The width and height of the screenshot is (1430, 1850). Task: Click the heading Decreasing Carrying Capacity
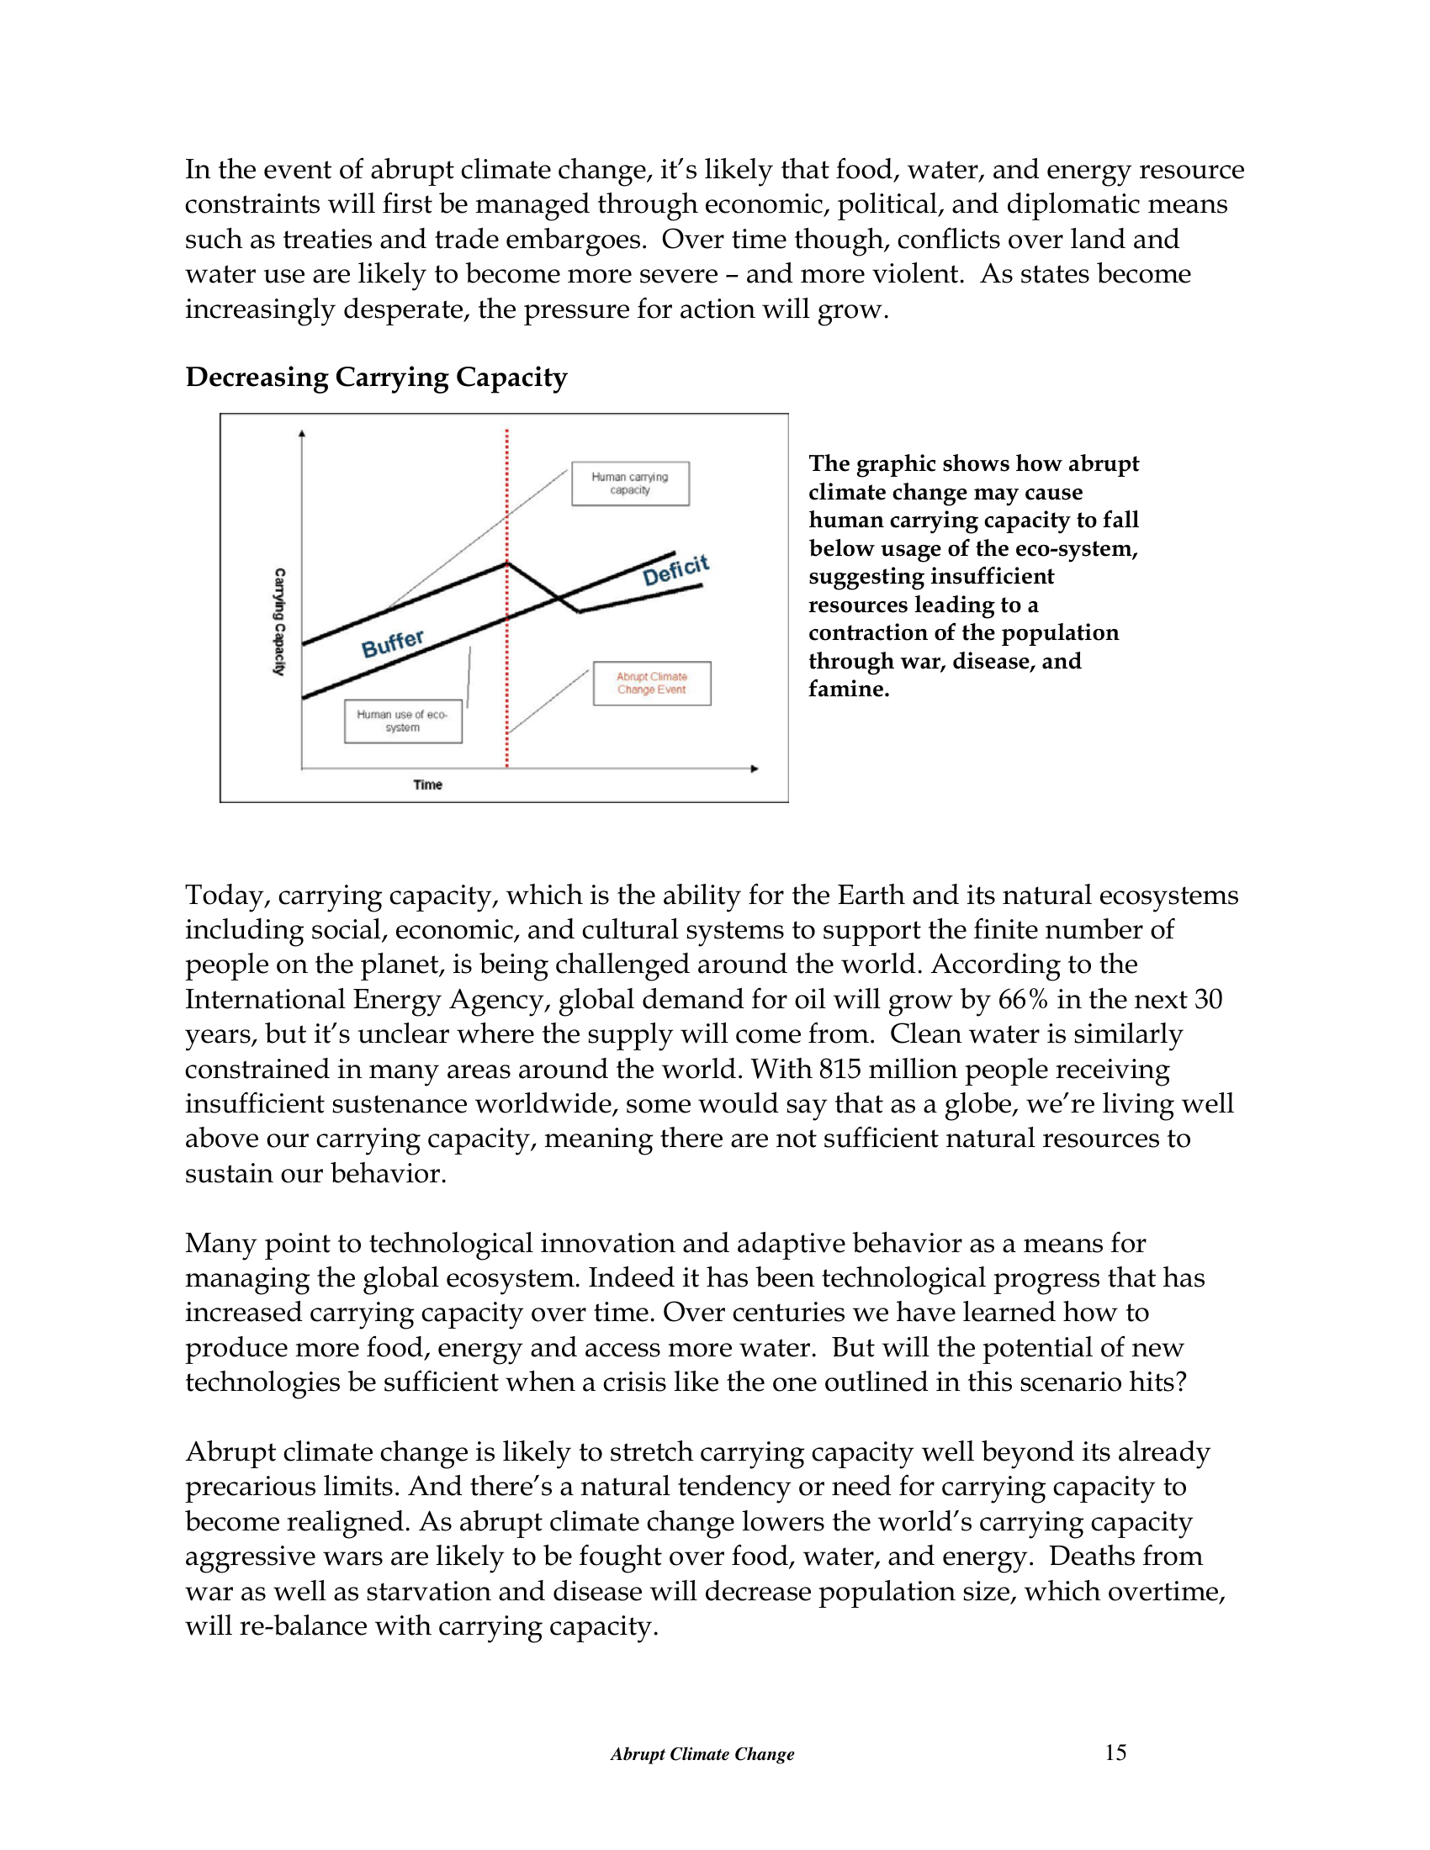tap(376, 377)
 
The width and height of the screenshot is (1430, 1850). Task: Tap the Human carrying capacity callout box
tap(629, 484)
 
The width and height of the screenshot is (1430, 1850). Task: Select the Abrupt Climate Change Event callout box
tap(651, 683)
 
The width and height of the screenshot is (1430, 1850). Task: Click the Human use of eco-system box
tap(402, 721)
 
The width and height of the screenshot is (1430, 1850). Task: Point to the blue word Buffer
tap(392, 644)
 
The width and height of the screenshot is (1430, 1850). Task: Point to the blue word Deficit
tap(675, 571)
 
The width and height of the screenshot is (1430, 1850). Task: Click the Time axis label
tap(428, 785)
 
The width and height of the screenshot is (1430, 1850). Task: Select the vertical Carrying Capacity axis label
tap(278, 621)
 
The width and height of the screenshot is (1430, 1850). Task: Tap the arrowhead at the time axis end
tap(755, 769)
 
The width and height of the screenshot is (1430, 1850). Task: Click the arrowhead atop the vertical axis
tap(302, 435)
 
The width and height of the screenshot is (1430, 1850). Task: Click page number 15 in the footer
tap(1115, 1752)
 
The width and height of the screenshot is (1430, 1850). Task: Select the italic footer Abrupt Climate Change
tap(702, 1754)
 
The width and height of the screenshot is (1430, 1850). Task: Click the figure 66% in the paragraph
tap(1023, 1000)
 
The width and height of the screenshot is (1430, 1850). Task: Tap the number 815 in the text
tap(840, 1069)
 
